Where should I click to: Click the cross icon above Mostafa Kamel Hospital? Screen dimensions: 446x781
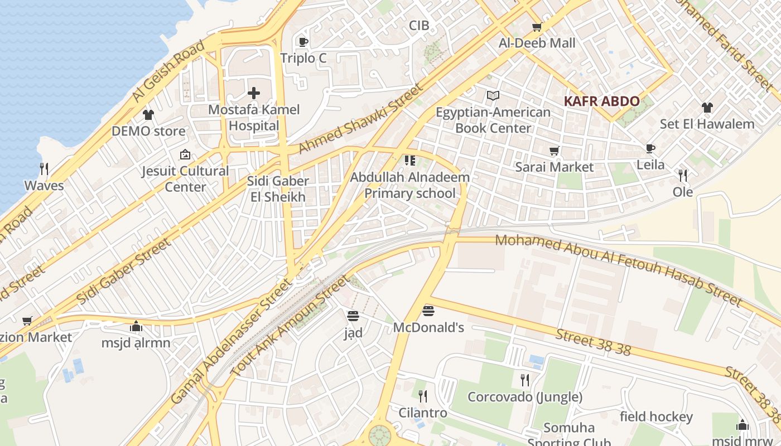click(x=254, y=93)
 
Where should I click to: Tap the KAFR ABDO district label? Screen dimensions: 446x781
click(x=601, y=101)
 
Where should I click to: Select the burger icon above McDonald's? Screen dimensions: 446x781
click(x=428, y=311)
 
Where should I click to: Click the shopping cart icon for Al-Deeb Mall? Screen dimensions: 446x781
click(x=537, y=27)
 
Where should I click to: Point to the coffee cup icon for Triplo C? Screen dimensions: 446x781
click(x=303, y=42)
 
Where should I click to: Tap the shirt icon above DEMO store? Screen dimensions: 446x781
click(x=148, y=115)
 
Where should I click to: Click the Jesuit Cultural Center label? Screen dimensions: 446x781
click(x=185, y=178)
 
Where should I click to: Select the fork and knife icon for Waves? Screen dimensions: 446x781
click(x=44, y=169)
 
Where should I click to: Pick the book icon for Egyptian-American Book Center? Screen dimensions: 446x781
click(x=493, y=96)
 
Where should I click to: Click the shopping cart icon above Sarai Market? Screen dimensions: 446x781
click(x=554, y=151)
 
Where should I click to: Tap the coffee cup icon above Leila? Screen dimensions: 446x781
click(x=650, y=148)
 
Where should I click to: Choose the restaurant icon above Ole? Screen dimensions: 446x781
click(x=682, y=176)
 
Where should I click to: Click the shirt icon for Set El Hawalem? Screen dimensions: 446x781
click(x=707, y=108)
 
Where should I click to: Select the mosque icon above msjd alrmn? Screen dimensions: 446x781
click(x=136, y=326)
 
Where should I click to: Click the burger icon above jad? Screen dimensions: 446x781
click(x=353, y=316)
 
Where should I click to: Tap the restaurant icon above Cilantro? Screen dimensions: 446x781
click(x=423, y=396)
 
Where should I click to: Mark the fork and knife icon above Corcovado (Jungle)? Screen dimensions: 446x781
click(x=524, y=380)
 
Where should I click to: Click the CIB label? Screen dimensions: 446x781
click(x=419, y=25)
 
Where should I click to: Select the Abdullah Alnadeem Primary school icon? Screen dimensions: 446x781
click(x=410, y=161)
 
